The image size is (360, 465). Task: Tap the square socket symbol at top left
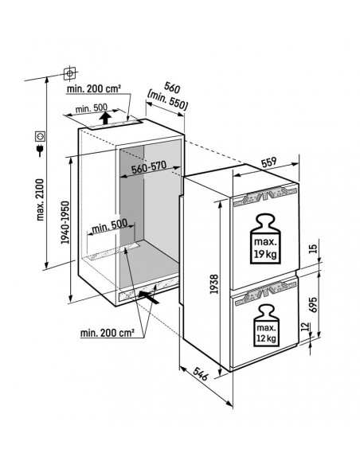[69, 73]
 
